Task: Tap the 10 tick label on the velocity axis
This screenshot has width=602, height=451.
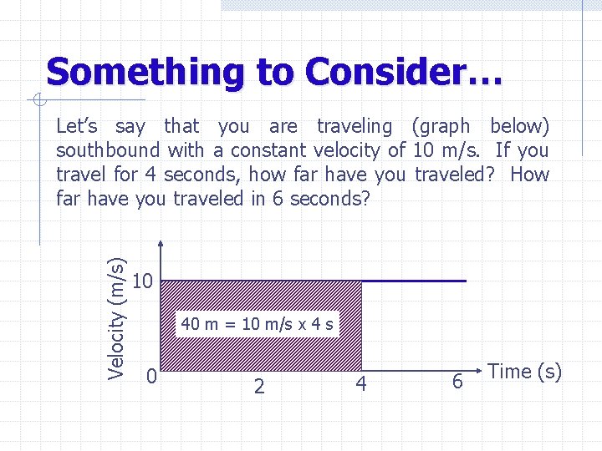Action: click(x=143, y=281)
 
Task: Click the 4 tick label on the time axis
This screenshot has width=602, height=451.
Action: click(x=361, y=384)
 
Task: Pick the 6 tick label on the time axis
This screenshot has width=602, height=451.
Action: click(x=457, y=382)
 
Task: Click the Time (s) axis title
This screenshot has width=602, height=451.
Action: click(x=524, y=372)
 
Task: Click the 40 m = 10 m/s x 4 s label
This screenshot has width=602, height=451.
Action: click(x=258, y=324)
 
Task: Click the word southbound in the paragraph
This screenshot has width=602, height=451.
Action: click(x=107, y=150)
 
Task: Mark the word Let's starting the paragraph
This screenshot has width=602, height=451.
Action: click(x=77, y=127)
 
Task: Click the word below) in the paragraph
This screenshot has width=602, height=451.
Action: click(x=519, y=127)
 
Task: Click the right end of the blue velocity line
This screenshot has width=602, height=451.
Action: click(x=465, y=281)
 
